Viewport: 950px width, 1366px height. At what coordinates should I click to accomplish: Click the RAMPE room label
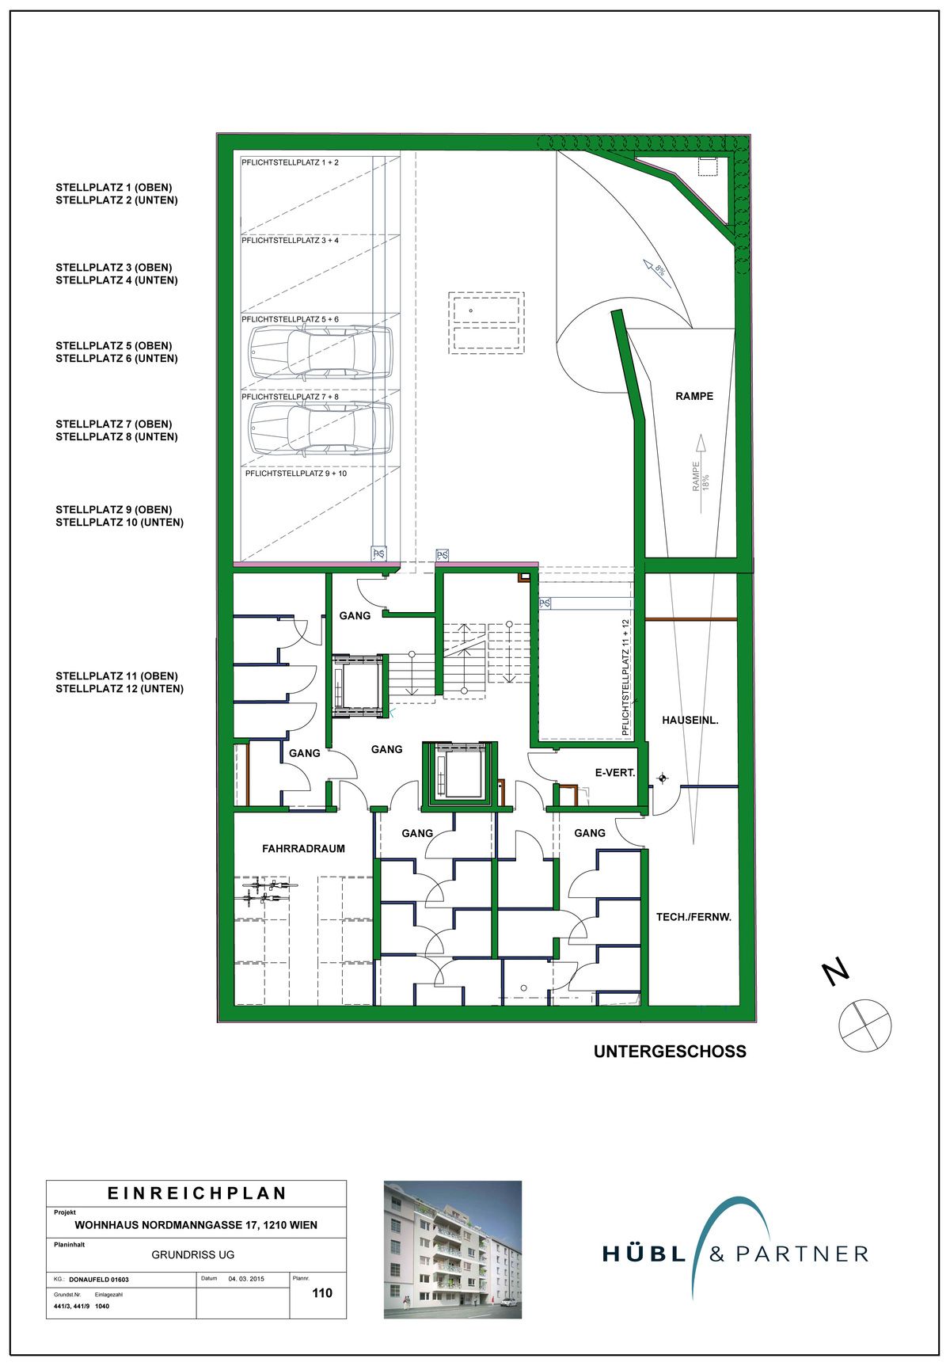coord(694,396)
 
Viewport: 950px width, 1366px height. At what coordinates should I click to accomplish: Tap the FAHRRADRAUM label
coord(304,848)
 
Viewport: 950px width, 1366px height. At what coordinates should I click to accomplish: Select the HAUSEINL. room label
coord(690,721)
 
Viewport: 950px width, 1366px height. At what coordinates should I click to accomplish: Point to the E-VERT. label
coord(615,772)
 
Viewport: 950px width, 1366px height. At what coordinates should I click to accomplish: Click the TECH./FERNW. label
coord(693,917)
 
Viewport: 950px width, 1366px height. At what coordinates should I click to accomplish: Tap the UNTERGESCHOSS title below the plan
coord(670,1052)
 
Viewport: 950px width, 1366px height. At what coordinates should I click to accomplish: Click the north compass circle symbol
coord(864,1025)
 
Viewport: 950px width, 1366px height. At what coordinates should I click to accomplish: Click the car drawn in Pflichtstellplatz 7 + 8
coord(321,428)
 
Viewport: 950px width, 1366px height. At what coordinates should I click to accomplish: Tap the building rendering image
coord(453,1250)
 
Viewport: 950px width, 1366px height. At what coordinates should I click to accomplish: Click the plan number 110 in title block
coord(322,1293)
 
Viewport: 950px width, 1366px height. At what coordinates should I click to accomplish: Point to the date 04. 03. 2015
coord(246,1279)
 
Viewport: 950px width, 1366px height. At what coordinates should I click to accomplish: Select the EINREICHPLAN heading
coord(197,1193)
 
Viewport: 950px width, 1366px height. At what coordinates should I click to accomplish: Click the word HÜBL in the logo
coord(644,1254)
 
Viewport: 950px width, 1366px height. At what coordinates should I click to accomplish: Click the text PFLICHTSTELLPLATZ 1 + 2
coord(290,162)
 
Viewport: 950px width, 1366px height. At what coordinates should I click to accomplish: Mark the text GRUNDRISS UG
coord(193,1254)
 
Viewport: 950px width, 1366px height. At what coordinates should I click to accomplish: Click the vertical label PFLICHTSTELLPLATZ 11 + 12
coord(626,678)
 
